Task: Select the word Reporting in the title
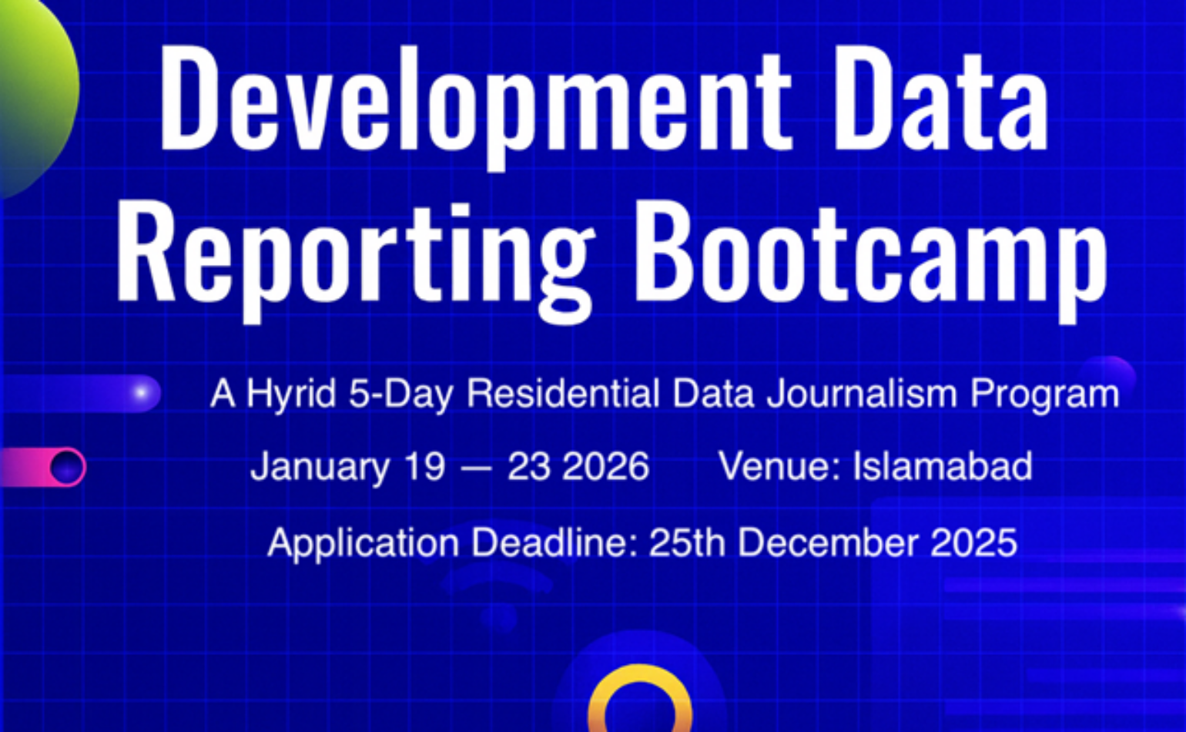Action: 354,254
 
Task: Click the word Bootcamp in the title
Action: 870,254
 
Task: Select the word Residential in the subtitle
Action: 563,394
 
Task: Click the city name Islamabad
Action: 943,467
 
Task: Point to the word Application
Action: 363,544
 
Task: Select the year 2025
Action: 973,543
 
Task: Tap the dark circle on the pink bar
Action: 67,467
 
